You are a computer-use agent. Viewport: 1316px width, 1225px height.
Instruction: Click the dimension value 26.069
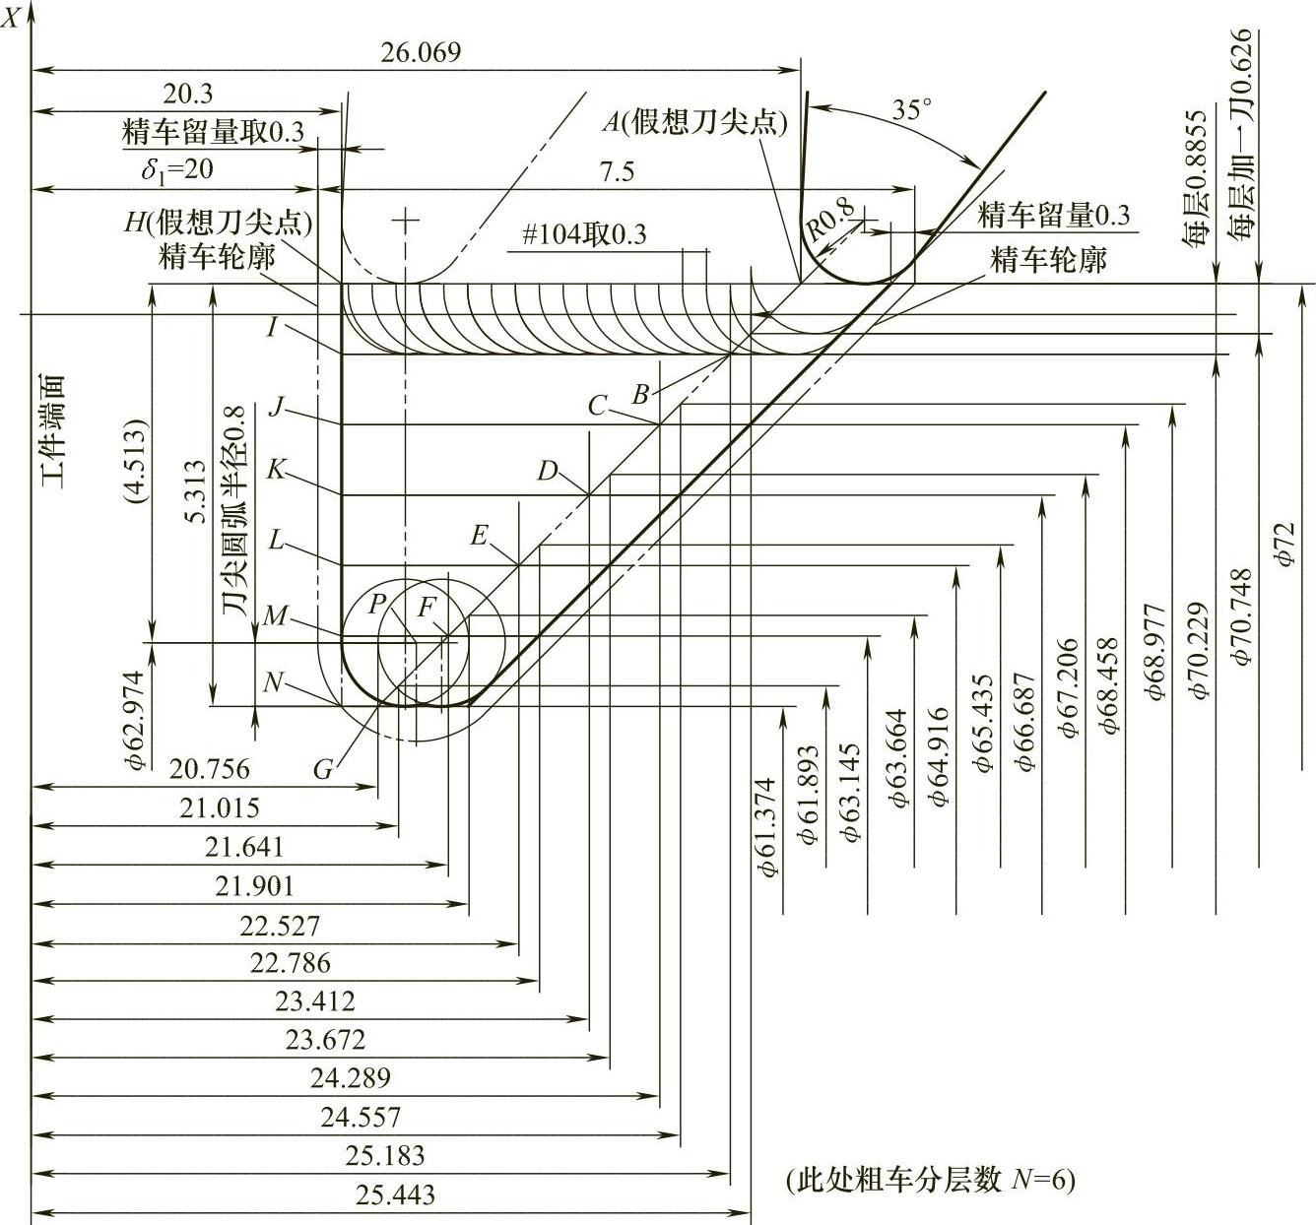pyautogui.click(x=420, y=52)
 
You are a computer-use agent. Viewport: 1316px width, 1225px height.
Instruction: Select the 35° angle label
pyautogui.click(x=911, y=109)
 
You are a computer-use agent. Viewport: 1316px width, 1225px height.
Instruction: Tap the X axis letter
pyautogui.click(x=12, y=17)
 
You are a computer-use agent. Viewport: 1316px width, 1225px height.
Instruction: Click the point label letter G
pyautogui.click(x=324, y=769)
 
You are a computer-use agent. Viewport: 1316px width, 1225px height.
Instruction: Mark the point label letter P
pyautogui.click(x=375, y=604)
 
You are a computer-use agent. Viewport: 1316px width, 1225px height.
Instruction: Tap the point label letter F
pyautogui.click(x=426, y=608)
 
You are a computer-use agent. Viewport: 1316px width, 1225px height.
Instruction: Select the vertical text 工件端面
pyautogui.click(x=50, y=432)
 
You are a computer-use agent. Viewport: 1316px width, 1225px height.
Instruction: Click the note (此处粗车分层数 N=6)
pyautogui.click(x=930, y=1179)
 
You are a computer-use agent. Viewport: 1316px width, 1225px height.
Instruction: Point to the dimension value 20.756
pyautogui.click(x=209, y=768)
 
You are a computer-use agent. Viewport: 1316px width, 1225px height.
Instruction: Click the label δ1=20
pyautogui.click(x=176, y=169)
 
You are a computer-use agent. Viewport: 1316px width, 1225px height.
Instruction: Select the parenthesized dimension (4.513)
pyautogui.click(x=136, y=463)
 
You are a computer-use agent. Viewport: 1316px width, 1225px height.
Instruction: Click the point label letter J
pyautogui.click(x=276, y=407)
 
